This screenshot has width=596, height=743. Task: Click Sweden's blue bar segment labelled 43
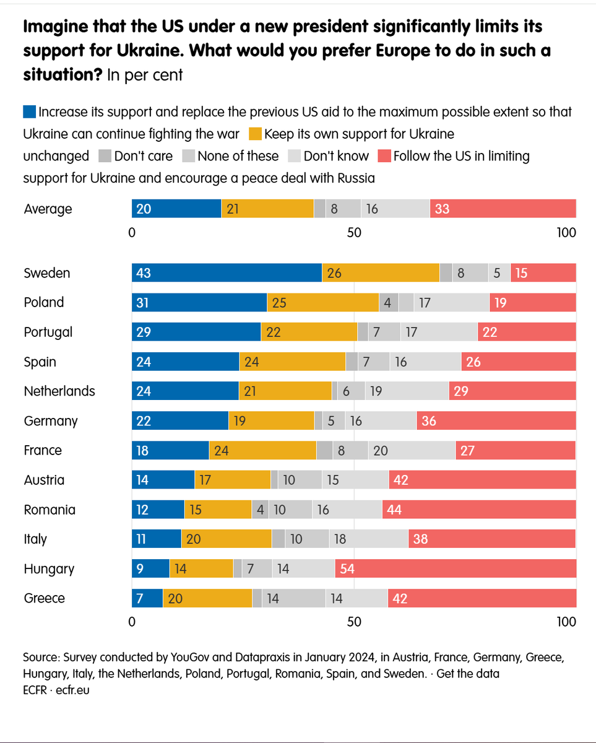click(227, 273)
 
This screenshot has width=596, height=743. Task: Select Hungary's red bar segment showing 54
click(456, 568)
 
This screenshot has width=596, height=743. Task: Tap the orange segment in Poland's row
click(322, 302)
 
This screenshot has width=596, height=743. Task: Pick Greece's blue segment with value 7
click(147, 598)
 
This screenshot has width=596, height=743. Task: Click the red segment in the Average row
click(503, 209)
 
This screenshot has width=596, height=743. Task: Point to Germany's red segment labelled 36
click(496, 421)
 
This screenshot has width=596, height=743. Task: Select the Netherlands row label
click(59, 391)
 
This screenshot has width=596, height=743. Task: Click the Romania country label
click(50, 510)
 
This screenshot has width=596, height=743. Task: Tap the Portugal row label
click(48, 332)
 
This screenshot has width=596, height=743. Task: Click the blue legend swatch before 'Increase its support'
click(29, 112)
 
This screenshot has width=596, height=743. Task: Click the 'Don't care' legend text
click(143, 156)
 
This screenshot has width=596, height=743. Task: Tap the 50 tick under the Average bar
click(353, 233)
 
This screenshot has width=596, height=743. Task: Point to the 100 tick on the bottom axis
click(566, 622)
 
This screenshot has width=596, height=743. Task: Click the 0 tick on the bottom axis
click(132, 622)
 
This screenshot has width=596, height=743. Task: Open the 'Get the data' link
click(468, 674)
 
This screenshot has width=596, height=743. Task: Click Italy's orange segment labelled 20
click(227, 539)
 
